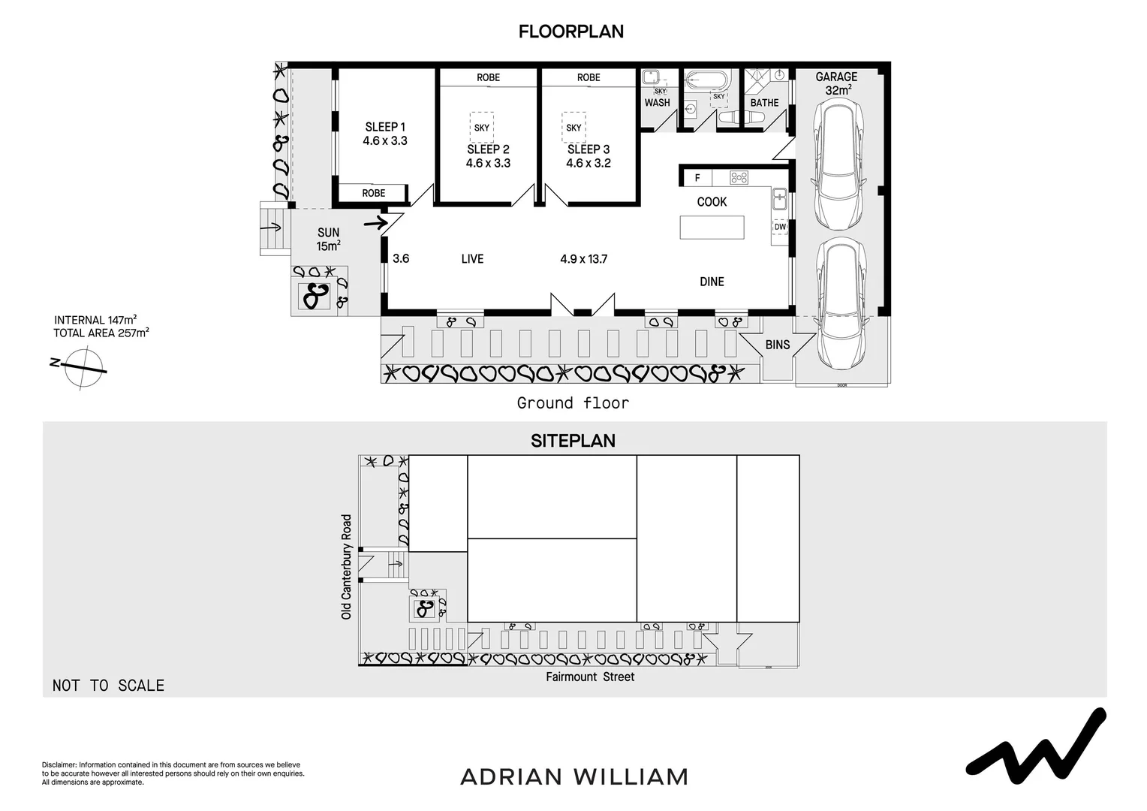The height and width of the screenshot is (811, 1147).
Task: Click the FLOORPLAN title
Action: [x=570, y=32]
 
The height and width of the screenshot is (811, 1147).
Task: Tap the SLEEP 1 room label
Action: [x=384, y=127]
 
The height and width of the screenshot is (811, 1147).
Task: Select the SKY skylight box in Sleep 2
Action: [x=482, y=128]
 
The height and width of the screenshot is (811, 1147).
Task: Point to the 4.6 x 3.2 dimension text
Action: [x=589, y=163]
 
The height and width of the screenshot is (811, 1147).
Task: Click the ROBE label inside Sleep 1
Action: [x=373, y=193]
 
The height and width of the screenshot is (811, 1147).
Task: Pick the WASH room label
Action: [x=657, y=103]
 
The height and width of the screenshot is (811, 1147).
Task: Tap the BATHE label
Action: [x=764, y=103]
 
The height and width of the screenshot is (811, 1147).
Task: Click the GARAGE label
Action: [x=836, y=77]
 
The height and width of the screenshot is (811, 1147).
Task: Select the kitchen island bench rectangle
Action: [x=712, y=227]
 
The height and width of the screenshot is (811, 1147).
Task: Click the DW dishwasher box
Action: [x=780, y=227]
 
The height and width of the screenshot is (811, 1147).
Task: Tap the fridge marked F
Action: [x=697, y=178]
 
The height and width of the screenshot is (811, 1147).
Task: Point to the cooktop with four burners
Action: [x=739, y=178]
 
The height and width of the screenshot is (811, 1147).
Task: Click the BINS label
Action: [x=778, y=345]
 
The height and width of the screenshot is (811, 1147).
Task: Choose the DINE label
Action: [x=712, y=282]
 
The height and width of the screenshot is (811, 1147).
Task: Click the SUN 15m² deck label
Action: [x=328, y=239]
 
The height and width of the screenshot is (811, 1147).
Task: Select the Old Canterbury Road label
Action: [x=346, y=566]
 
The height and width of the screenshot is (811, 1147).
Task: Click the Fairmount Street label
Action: [x=590, y=677]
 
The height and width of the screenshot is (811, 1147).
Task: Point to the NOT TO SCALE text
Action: [x=108, y=685]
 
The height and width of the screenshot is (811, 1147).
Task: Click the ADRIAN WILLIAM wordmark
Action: [x=573, y=776]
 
